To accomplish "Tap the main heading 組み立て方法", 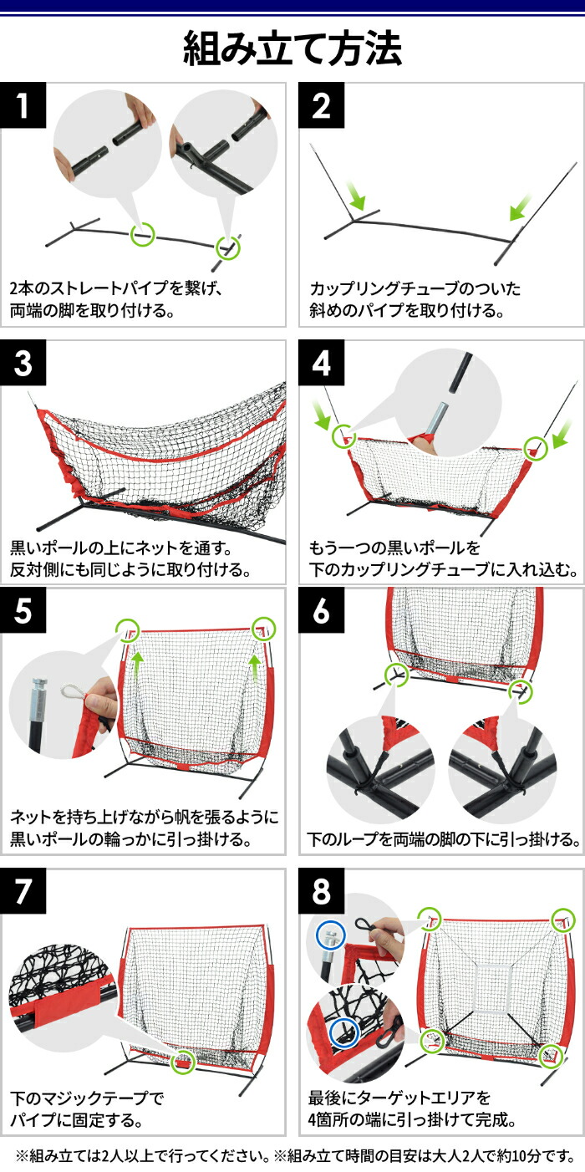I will (292, 48).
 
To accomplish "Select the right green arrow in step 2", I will (521, 203).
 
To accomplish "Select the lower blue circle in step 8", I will (343, 1033).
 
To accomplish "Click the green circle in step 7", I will (181, 1062).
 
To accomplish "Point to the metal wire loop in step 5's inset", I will (74, 692).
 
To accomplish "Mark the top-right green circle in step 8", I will (562, 919).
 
